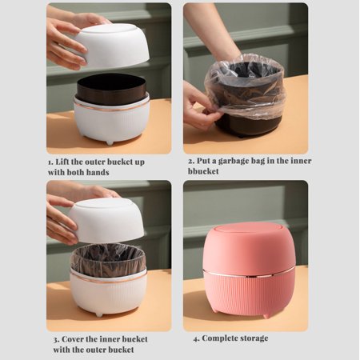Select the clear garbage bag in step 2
click(245, 85)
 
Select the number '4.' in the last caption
click(196, 338)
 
